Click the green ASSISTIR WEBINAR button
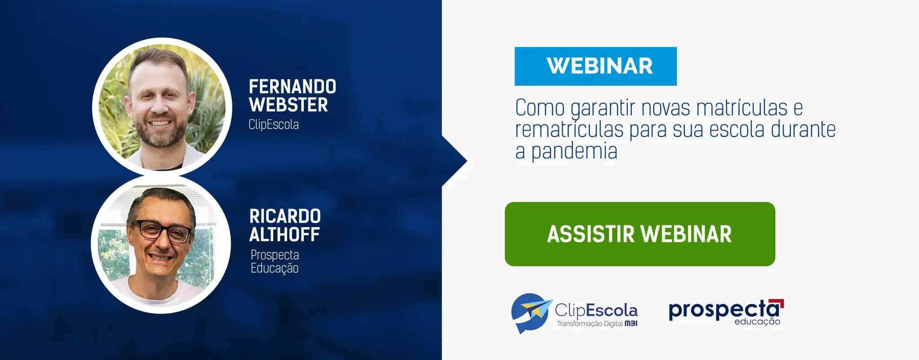coord(640,234)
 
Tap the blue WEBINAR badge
coord(595,66)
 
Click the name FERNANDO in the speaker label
coord(293,87)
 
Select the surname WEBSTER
coord(289,105)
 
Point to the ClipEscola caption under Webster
coord(274,124)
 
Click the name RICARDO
coord(285,216)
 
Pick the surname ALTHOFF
coord(284,235)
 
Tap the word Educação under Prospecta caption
coord(275,268)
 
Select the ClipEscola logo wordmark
coord(596,310)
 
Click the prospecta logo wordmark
coord(724,310)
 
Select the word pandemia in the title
coord(574,151)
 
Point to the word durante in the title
coord(803,129)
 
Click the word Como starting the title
coord(540,108)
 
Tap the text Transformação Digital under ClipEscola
coord(590,324)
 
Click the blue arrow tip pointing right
coord(467,161)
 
